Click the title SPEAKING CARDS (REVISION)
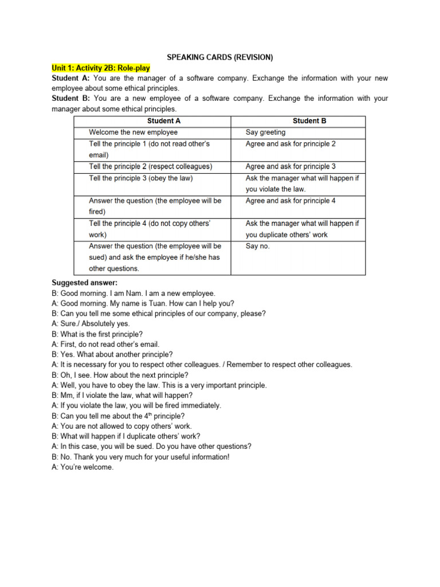click(x=220, y=57)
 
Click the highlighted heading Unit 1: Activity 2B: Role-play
click(x=101, y=68)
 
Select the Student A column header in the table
click(x=163, y=121)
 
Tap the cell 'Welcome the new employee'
click(x=133, y=132)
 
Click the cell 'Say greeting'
click(x=265, y=132)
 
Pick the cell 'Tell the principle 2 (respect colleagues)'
click(x=150, y=166)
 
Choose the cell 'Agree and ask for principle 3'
click(x=290, y=166)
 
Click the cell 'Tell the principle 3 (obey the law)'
click(x=140, y=178)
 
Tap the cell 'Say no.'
click(x=257, y=246)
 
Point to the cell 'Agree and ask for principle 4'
click(x=290, y=201)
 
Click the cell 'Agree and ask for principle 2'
click(x=290, y=144)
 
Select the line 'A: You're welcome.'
click(x=82, y=467)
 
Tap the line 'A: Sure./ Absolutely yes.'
click(x=91, y=324)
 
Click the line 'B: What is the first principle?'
click(x=97, y=334)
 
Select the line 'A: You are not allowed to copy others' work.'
click(x=121, y=426)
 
